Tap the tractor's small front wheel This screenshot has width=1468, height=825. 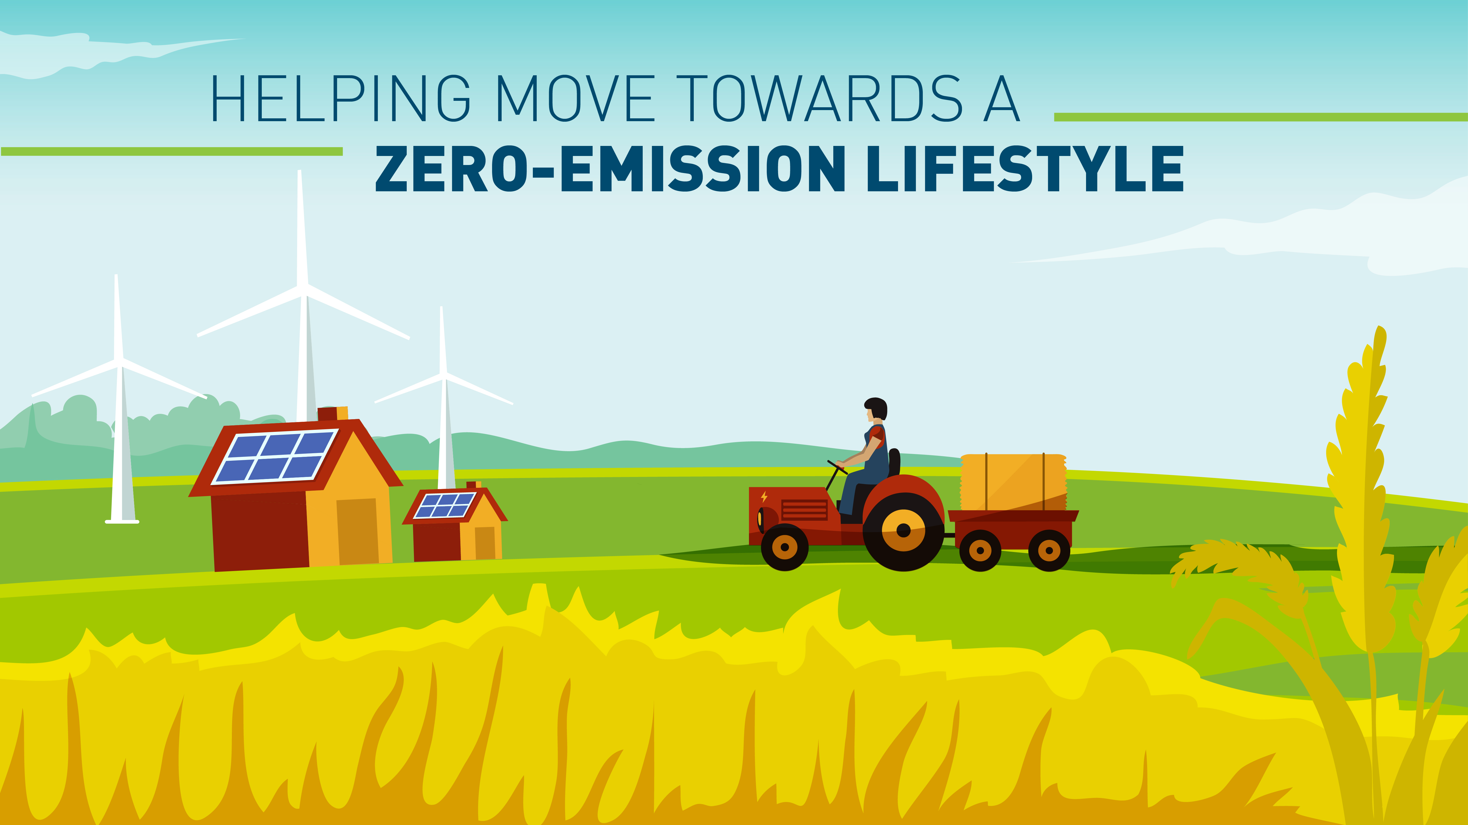[x=785, y=547]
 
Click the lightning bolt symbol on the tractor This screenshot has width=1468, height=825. [x=764, y=497]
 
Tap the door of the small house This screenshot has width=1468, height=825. [x=485, y=543]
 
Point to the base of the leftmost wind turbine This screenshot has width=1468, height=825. [x=122, y=521]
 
